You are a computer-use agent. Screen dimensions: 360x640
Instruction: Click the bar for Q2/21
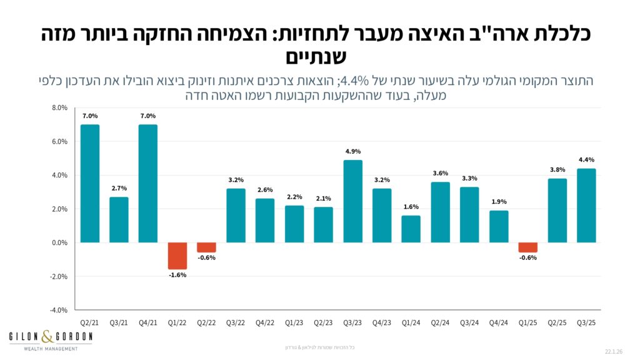pyautogui.click(x=90, y=183)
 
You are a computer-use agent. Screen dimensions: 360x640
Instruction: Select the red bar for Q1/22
pyautogui.click(x=177, y=256)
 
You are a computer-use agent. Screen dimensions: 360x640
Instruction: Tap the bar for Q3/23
pyautogui.click(x=353, y=201)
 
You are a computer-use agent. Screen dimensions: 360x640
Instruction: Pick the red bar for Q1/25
pyautogui.click(x=528, y=247)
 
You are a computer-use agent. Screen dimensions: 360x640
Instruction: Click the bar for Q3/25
pyautogui.click(x=587, y=206)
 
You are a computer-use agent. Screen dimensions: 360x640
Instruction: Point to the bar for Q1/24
pyautogui.click(x=411, y=229)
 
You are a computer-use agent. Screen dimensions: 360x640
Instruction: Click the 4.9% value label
pyautogui.click(x=353, y=151)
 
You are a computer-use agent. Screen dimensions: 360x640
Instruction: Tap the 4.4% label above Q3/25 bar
pyautogui.click(x=587, y=159)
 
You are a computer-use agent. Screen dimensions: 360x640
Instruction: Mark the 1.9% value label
pyautogui.click(x=499, y=202)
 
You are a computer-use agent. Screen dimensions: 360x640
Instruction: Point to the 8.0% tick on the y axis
pyautogui.click(x=59, y=108)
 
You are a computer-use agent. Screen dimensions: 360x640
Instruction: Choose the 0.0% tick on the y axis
pyautogui.click(x=59, y=242)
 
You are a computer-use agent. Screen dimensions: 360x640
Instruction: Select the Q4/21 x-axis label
pyautogui.click(x=148, y=323)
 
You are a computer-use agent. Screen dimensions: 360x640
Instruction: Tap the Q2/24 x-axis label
pyautogui.click(x=441, y=323)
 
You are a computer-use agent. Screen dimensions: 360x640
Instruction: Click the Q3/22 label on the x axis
pyautogui.click(x=236, y=323)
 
